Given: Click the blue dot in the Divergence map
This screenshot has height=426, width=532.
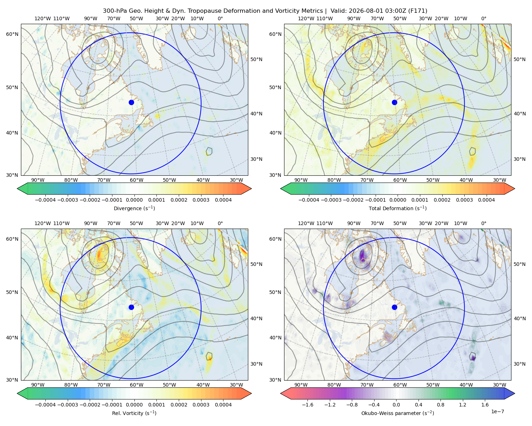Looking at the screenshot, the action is pyautogui.click(x=131, y=102).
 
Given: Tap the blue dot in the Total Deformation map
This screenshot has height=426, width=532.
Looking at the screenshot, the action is pyautogui.click(x=394, y=102).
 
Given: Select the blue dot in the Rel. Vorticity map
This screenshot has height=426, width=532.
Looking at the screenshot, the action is pyautogui.click(x=131, y=307).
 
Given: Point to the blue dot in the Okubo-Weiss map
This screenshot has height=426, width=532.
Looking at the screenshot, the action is pyautogui.click(x=394, y=307).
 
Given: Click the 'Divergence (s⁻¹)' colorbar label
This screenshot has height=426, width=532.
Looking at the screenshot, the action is pyautogui.click(x=134, y=208).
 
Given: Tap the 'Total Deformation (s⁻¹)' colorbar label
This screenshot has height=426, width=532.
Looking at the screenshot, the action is pyautogui.click(x=398, y=208).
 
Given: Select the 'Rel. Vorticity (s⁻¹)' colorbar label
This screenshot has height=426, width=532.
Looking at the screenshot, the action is pyautogui.click(x=134, y=413).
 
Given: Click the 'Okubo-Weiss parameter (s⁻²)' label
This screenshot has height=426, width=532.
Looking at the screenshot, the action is pyautogui.click(x=398, y=413).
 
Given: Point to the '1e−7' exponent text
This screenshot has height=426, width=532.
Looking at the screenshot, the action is pyautogui.click(x=497, y=411).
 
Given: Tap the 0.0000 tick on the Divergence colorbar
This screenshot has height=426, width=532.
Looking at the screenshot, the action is pyautogui.click(x=134, y=200).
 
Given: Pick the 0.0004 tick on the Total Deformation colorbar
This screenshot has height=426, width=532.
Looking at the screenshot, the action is pyautogui.click(x=486, y=200).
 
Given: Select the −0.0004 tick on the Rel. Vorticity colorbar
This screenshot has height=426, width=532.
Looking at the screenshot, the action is pyautogui.click(x=45, y=404).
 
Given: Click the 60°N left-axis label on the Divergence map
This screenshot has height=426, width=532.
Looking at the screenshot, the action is pyautogui.click(x=12, y=34).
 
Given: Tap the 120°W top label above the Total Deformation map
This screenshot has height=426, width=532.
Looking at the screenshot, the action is pyautogui.click(x=306, y=18).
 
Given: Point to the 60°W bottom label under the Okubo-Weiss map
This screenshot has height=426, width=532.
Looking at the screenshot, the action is pyautogui.click(x=400, y=385).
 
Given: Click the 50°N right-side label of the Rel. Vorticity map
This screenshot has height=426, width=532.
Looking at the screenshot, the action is pyautogui.click(x=256, y=264).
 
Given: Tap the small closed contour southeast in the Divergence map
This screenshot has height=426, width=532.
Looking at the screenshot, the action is pyautogui.click(x=209, y=151).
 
